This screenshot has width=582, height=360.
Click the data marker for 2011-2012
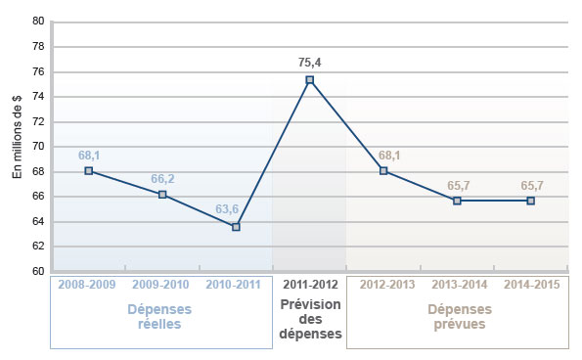click(310, 79)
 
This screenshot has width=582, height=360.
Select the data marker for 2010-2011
click(236, 227)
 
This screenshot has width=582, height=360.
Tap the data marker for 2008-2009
click(89, 170)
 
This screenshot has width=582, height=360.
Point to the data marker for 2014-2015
click(530, 201)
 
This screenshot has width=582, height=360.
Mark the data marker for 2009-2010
click(162, 195)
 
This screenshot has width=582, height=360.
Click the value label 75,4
click(310, 62)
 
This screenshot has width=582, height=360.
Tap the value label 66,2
click(162, 179)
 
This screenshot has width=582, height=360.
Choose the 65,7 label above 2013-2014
click(457, 184)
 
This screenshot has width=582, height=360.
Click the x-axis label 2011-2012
click(310, 285)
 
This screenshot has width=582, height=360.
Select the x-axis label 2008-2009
click(89, 285)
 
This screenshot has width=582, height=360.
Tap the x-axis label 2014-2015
click(530, 285)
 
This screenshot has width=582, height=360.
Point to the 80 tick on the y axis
click(38, 21)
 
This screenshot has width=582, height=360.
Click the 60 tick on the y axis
click(38, 271)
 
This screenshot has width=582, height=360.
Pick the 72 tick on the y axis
click(38, 121)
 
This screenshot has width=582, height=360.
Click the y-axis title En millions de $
click(17, 146)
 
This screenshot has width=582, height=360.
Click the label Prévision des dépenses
click(310, 318)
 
